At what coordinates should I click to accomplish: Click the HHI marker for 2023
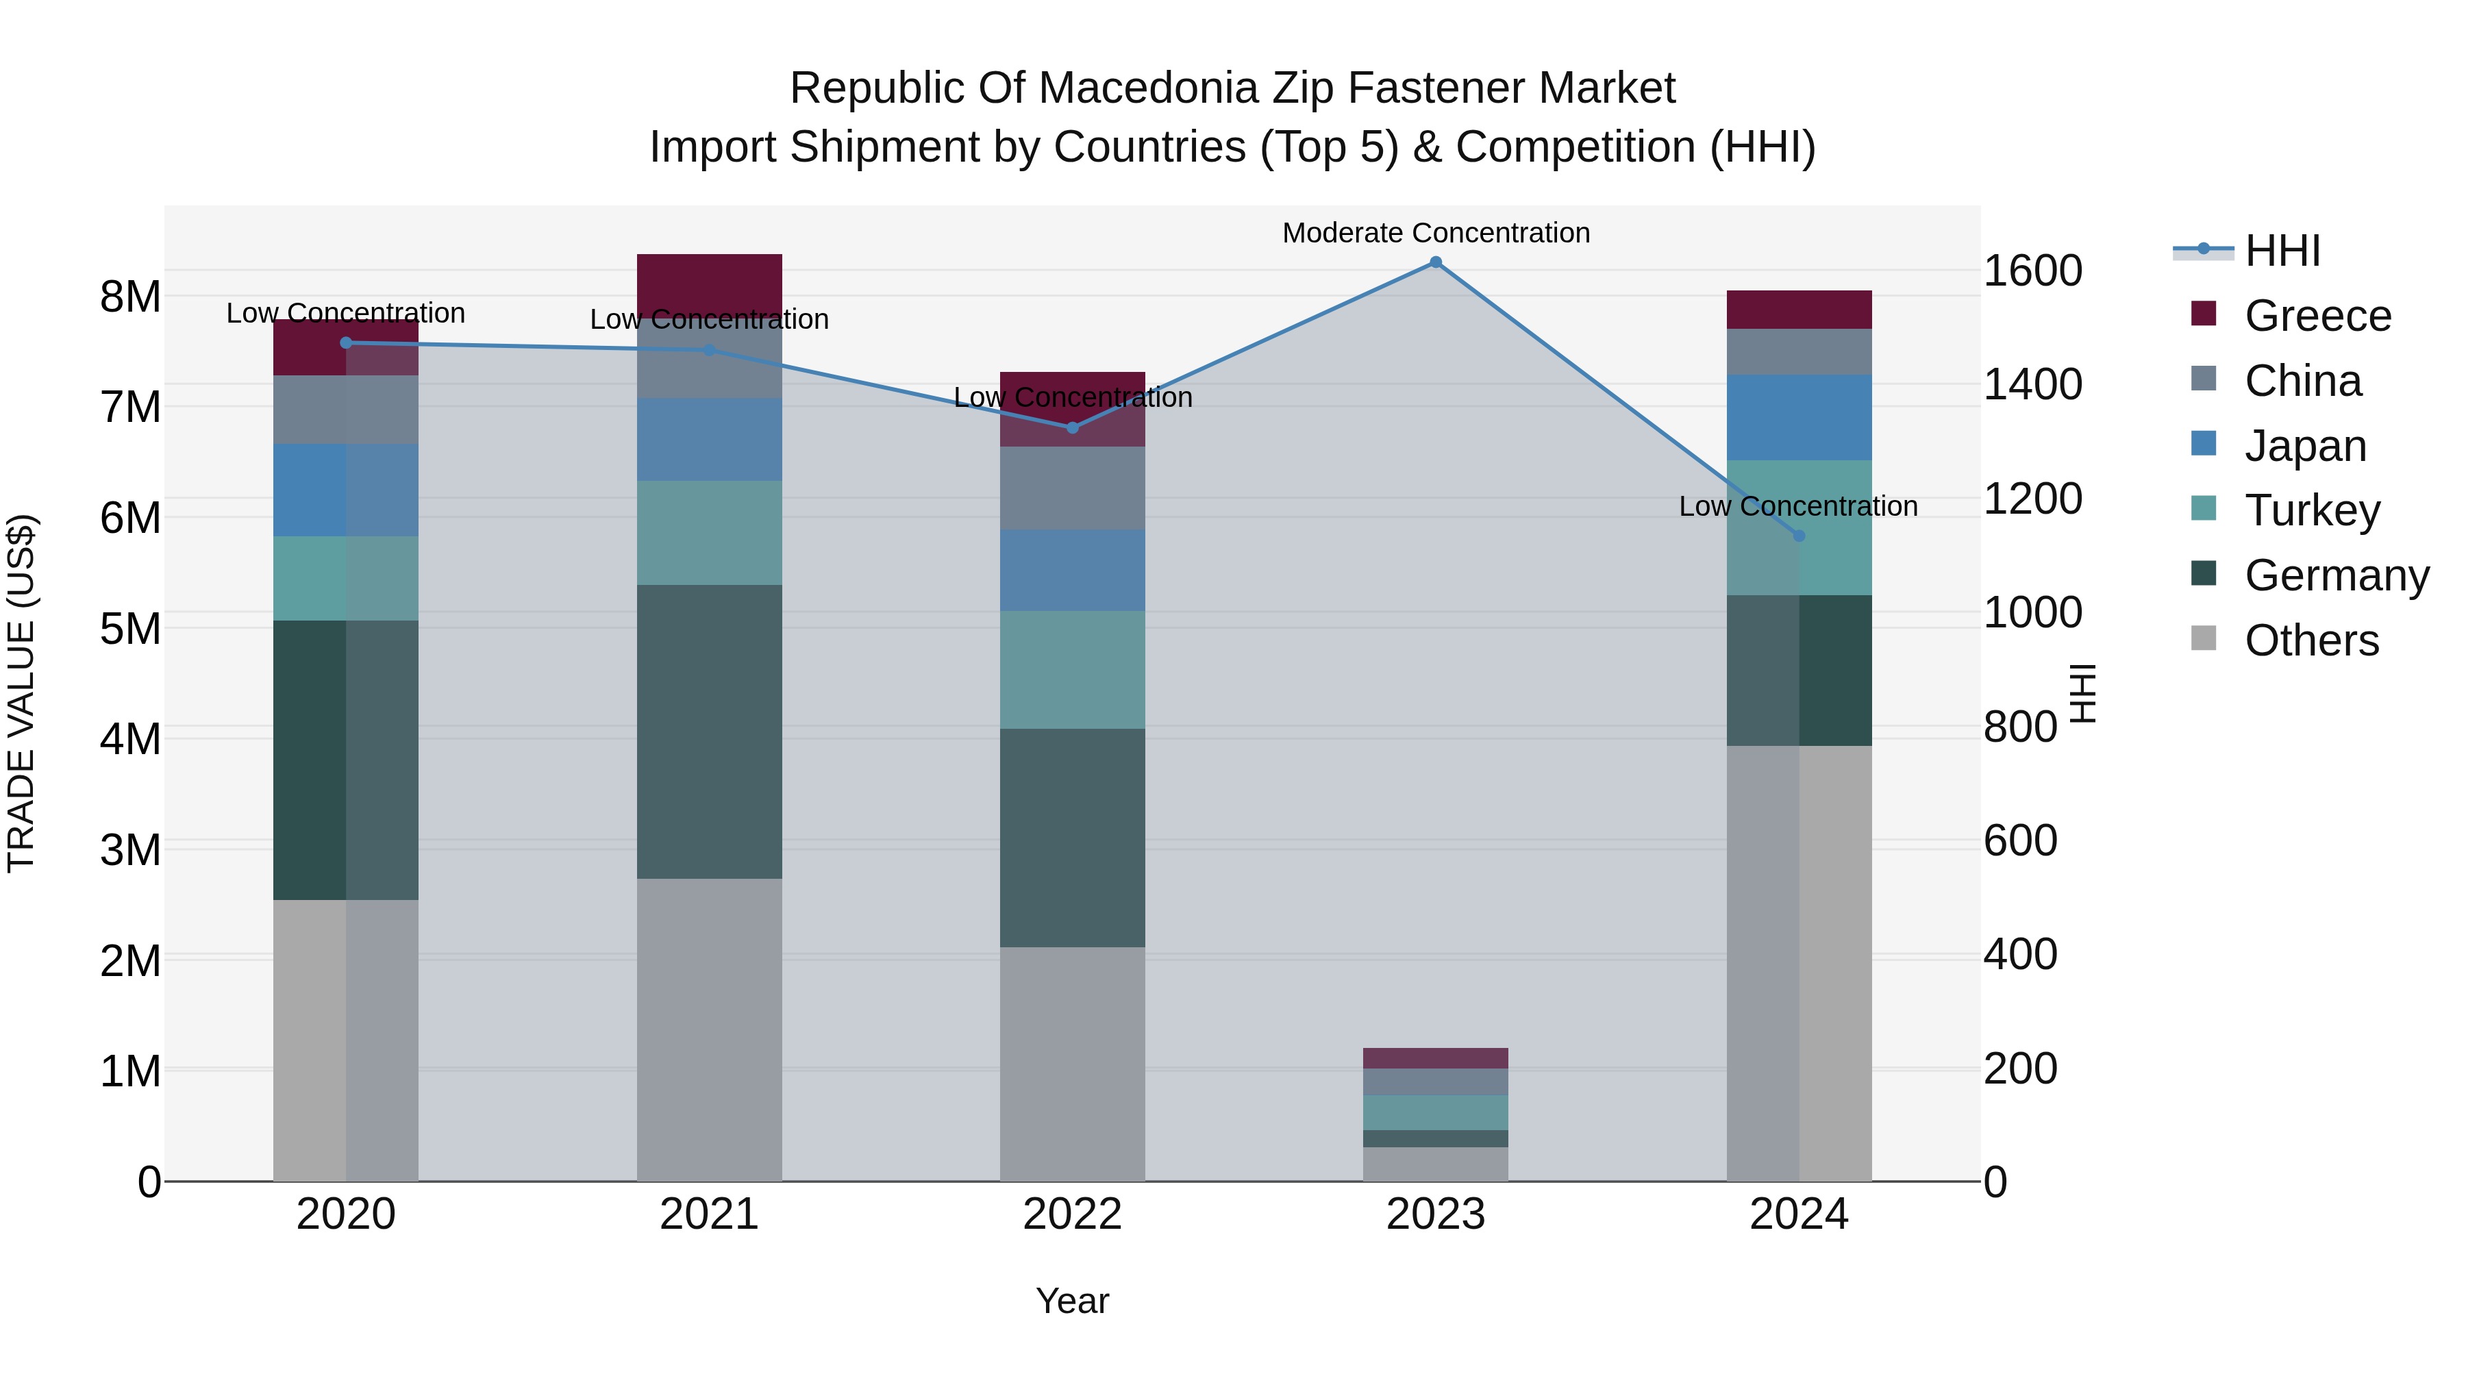coord(1435,262)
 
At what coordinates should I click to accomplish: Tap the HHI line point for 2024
coord(1799,536)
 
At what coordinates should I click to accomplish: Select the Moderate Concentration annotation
coord(1435,234)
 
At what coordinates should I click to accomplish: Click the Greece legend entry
coord(2317,316)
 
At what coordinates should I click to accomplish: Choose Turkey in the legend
coord(2312,510)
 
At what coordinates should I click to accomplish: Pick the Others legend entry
coord(2311,640)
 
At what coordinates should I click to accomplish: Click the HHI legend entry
coord(2282,251)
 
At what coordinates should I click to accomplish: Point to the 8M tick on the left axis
coord(131,297)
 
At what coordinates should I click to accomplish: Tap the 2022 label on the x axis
coord(1072,1214)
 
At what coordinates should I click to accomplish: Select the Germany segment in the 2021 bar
coord(710,732)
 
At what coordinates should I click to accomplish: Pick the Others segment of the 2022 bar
coord(1072,1064)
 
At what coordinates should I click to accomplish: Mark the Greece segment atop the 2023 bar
coord(1435,1058)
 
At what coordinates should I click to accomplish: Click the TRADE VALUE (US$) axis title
coord(21,693)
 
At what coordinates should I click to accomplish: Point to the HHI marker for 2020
coord(347,342)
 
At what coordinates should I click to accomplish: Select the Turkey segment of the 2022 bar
coord(1072,669)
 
